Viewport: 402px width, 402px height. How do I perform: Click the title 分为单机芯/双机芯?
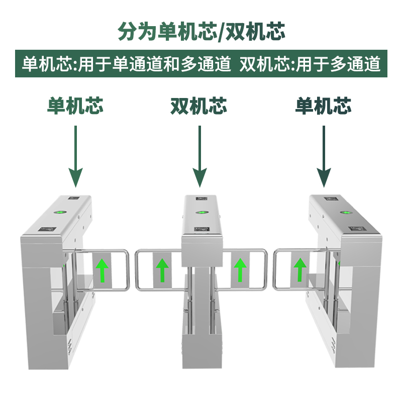coord(201,31)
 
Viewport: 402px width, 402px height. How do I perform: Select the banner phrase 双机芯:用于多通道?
coord(310,64)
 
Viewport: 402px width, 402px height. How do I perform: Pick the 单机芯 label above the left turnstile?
coord(75,106)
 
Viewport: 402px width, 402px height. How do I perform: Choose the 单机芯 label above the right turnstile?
coord(323,106)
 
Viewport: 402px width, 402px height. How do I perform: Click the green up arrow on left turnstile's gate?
coord(103,270)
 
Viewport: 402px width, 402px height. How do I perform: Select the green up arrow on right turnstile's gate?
coord(299,270)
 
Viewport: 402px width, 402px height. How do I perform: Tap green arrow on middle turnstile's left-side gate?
coord(162,270)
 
